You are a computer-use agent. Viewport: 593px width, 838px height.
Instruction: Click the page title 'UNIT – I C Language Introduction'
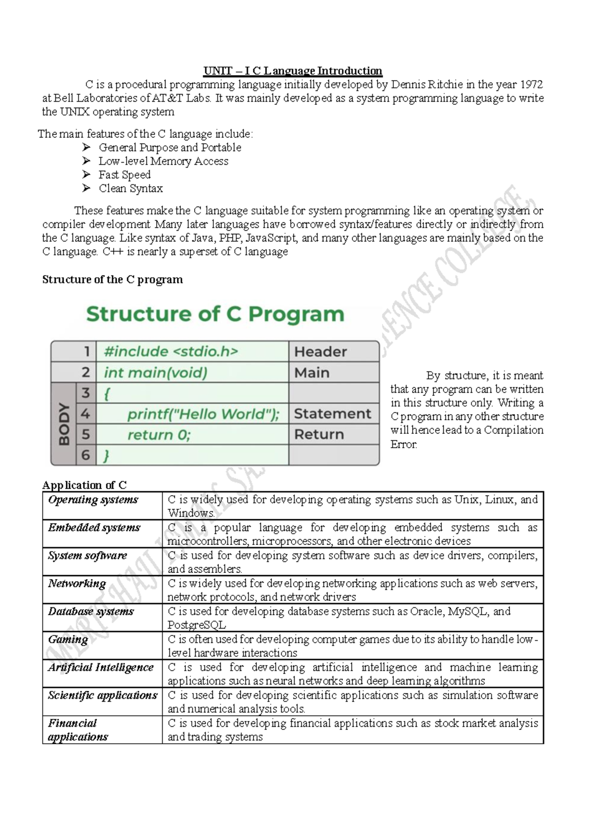[293, 71]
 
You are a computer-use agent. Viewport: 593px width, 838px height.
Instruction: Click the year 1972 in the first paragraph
[530, 84]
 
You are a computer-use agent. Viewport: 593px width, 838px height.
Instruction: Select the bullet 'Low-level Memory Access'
[163, 161]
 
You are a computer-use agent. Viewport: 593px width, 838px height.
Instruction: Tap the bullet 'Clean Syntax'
[130, 188]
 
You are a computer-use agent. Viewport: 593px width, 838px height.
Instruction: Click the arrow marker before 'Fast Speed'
[86, 174]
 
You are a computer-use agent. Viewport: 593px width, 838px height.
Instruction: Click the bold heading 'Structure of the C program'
[113, 280]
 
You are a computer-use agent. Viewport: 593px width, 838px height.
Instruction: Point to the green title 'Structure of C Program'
[215, 314]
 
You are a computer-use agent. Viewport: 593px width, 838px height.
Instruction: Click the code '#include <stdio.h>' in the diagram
[171, 352]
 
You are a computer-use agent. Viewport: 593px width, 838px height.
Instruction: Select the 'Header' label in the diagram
[321, 352]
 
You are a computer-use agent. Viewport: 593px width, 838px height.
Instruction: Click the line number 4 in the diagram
[85, 414]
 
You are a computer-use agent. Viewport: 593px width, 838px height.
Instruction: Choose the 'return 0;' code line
[159, 435]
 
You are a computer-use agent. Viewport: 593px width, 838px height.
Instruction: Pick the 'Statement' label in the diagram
[332, 414]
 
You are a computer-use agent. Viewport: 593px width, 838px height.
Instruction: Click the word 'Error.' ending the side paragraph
[404, 444]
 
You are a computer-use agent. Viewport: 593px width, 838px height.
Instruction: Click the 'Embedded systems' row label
[94, 528]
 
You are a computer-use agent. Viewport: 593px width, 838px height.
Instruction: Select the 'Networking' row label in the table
[77, 584]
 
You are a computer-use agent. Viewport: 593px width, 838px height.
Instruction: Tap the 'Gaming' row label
[68, 639]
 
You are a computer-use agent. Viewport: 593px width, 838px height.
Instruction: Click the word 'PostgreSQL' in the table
[197, 625]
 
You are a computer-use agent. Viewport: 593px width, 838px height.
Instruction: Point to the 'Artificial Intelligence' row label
[100, 668]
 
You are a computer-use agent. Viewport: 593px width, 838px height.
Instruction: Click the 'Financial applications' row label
[78, 730]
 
